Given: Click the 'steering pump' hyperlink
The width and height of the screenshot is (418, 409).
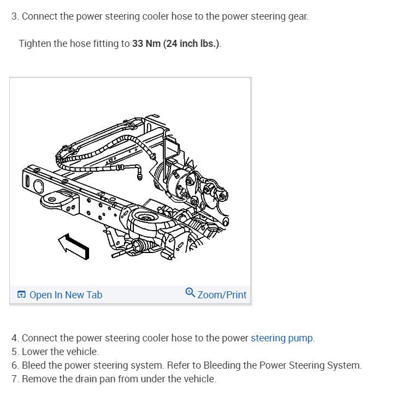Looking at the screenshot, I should [282, 338].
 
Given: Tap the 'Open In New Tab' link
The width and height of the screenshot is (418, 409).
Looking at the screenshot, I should [66, 295].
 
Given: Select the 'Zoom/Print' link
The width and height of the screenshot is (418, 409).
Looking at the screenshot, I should [222, 295].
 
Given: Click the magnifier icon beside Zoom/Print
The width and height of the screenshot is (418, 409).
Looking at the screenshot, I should [190, 293].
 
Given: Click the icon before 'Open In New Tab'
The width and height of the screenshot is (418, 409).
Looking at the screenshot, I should [21, 295].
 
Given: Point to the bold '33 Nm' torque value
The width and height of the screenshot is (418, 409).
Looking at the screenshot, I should [146, 44].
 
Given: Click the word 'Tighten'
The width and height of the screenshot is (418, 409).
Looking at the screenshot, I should [35, 44].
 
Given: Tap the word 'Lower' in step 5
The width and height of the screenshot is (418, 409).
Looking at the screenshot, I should [34, 352].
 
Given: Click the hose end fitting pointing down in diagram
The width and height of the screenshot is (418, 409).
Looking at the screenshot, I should [140, 174].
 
